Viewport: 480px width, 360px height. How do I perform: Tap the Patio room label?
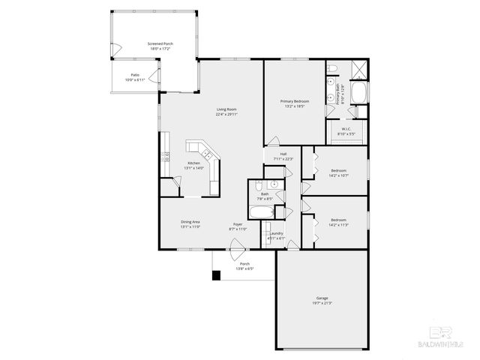click(135, 75)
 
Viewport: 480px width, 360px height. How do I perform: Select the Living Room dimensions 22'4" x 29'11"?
click(226, 114)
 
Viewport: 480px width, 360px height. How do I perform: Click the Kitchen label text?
click(193, 163)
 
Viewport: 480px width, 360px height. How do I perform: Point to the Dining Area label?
click(190, 221)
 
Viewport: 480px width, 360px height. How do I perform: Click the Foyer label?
click(237, 223)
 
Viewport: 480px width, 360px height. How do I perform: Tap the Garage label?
click(322, 298)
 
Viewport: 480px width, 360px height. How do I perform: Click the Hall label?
click(283, 156)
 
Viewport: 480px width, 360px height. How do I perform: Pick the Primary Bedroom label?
click(295, 100)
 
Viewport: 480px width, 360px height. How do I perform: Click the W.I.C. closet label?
click(346, 128)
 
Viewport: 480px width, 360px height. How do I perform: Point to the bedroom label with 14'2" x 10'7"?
click(338, 172)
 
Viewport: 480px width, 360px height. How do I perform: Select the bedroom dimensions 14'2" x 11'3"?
click(338, 223)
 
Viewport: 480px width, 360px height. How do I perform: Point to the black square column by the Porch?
click(216, 275)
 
